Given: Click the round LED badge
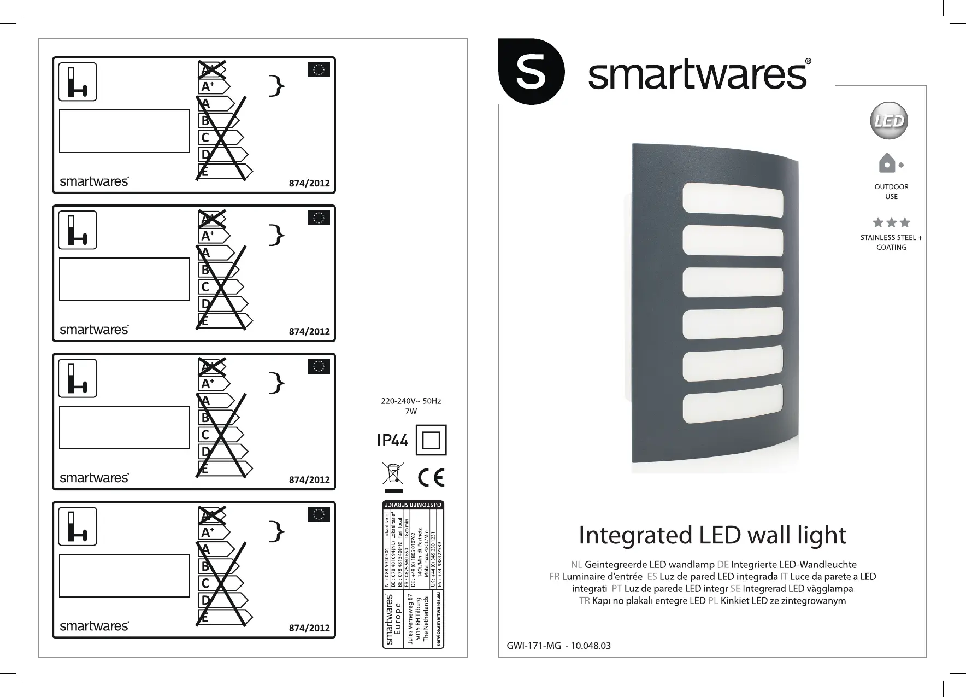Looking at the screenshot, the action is (888, 121).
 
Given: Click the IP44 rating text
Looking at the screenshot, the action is (392, 440).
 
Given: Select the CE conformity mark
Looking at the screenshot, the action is (431, 477).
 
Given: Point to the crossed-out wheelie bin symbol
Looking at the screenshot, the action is (393, 473).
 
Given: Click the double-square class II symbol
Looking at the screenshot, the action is (431, 440).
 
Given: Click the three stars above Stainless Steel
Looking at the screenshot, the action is (891, 222).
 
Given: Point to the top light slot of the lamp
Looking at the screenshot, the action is (733, 202).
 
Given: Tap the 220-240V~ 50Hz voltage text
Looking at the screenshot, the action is (410, 401).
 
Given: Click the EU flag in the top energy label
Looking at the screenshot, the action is (319, 70).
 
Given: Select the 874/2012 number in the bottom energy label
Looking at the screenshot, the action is (309, 628).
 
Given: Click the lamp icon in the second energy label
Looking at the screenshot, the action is (78, 230).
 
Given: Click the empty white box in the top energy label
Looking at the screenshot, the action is (125, 131).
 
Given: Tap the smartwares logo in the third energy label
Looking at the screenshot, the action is (94, 478).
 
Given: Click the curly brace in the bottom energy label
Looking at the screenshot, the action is (278, 532).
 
